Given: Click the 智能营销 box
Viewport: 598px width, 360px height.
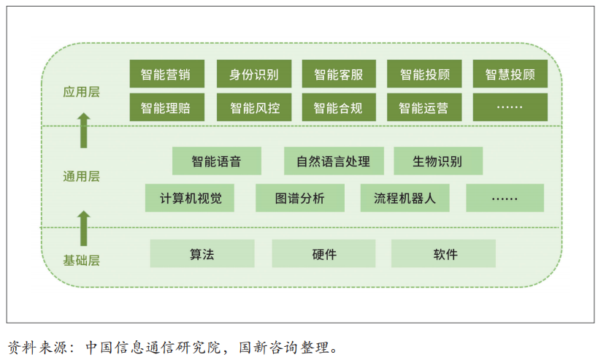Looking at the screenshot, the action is [167, 74].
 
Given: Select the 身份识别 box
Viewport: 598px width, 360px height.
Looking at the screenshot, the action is [254, 74].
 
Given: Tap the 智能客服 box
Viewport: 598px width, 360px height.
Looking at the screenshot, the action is [339, 74].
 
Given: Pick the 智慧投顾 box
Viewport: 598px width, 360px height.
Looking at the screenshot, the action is [510, 74].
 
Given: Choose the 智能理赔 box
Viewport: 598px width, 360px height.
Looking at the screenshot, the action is [167, 107].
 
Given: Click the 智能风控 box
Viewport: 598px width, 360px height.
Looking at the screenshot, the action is [254, 107].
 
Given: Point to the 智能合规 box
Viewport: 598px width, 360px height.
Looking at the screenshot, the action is [339, 107].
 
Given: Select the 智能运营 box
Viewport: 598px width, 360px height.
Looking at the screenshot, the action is [424, 107].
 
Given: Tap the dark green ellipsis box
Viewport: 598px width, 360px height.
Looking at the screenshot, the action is [510, 107].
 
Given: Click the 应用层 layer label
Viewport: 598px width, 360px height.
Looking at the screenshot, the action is [81, 92].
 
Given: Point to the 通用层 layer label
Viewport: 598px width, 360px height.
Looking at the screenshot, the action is [81, 177].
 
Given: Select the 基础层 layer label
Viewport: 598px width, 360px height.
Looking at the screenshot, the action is [81, 261].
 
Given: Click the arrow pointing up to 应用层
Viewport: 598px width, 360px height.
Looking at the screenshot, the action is [84, 131].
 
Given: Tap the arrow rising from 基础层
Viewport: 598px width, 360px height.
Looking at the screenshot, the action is [84, 228].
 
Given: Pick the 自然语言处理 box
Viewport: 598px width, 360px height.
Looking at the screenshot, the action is [334, 161].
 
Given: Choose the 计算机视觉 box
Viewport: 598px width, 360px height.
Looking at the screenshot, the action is [190, 198].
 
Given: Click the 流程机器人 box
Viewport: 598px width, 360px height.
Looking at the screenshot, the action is [405, 198].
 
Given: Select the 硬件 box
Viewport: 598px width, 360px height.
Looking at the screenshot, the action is [323, 253].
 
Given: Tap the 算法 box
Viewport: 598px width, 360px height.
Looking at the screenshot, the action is [202, 253].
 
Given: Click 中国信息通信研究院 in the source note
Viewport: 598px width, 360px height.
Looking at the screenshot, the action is [153, 348].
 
